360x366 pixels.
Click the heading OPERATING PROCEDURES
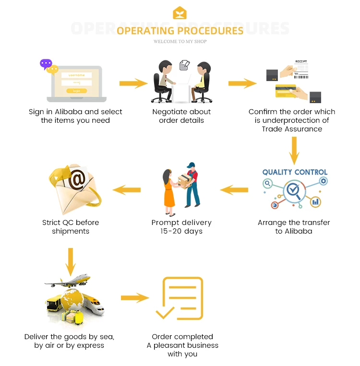[180, 31]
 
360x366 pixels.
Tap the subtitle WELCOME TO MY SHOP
[180, 42]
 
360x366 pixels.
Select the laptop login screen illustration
[77, 83]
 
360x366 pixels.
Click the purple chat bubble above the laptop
[46, 63]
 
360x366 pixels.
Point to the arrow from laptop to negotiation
[133, 83]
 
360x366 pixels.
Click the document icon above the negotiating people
[184, 65]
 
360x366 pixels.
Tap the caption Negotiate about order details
[181, 116]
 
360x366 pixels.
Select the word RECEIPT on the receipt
[300, 62]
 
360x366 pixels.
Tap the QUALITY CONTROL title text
[295, 172]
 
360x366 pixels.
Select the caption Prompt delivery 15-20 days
[181, 227]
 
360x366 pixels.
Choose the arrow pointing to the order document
[135, 298]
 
